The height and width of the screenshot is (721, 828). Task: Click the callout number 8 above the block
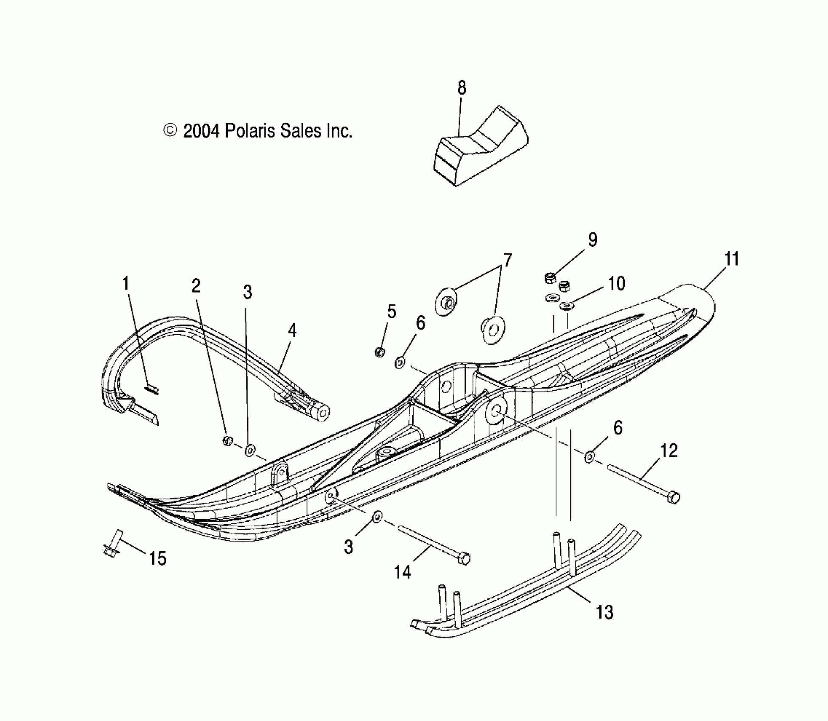coord(462,88)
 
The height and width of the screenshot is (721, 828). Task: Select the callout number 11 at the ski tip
coord(732,259)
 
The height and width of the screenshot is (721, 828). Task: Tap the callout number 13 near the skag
coord(604,612)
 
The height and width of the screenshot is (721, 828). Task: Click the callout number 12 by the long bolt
coord(669,451)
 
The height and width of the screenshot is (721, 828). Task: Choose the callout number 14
coord(403,573)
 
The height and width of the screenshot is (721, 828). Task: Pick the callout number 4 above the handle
coord(292,330)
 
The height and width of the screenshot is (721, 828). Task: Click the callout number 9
coord(593,240)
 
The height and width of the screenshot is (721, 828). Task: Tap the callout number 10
coord(616,283)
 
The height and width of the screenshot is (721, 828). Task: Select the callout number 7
coord(507,260)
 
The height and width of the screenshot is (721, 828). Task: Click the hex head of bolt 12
coord(673,497)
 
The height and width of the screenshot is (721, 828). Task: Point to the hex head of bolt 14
coord(465,559)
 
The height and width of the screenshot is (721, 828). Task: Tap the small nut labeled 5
coord(380,352)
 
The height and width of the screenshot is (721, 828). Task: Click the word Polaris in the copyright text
coord(249,131)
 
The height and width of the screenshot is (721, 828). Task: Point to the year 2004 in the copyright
coord(201,131)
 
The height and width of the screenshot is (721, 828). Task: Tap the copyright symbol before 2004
coord(170,130)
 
